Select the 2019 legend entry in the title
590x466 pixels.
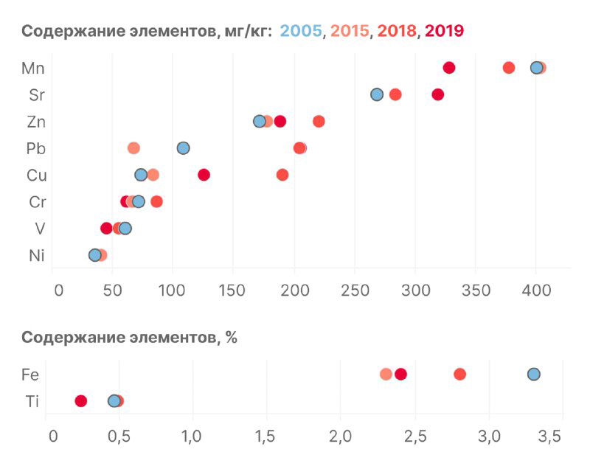click(x=444, y=31)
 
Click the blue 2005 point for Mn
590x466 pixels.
click(x=537, y=68)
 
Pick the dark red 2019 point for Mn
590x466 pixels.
click(x=449, y=68)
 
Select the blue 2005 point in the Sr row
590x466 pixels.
click(x=377, y=94)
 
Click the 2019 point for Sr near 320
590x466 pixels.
click(x=438, y=94)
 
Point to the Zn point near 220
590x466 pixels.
click(x=319, y=121)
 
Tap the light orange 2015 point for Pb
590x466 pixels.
click(x=133, y=148)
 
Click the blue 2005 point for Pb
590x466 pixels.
click(x=184, y=148)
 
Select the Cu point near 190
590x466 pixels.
click(x=282, y=175)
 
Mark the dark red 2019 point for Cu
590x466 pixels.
click(x=204, y=175)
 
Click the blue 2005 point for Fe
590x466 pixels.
click(x=534, y=374)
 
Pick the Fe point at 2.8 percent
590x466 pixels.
click(x=460, y=374)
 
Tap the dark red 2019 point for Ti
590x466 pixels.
click(x=81, y=401)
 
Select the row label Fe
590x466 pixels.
click(x=30, y=375)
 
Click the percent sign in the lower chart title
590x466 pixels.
click(x=232, y=338)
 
